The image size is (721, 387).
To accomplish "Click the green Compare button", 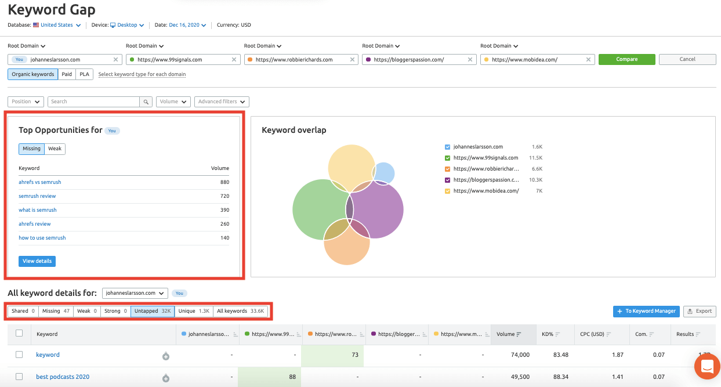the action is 626,59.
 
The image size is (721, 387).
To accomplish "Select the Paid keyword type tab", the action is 67,74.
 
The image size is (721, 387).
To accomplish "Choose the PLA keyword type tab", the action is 84,74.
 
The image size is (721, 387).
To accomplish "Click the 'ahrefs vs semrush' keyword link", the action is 40,182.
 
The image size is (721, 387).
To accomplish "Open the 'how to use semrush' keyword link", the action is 42,238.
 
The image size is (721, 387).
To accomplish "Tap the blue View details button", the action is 37,261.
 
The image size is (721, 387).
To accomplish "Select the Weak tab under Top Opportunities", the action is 55,149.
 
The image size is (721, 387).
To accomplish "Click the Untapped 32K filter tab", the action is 153,311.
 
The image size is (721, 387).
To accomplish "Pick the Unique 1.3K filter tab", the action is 194,311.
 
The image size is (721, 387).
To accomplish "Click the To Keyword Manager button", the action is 646,312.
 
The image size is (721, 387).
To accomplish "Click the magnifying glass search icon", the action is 146,102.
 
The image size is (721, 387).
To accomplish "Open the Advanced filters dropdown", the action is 222,102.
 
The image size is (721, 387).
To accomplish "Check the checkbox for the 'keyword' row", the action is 19,355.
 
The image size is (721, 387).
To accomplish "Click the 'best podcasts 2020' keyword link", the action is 63,377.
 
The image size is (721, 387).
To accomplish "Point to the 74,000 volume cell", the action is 520,355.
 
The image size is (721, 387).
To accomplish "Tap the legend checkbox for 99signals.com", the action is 447,158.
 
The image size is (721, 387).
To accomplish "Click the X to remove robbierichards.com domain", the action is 352,60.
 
